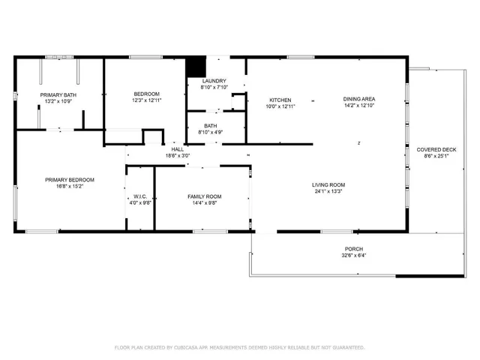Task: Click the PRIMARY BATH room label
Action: tap(58, 94)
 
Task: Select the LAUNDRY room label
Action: tap(214, 82)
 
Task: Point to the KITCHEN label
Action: tap(280, 100)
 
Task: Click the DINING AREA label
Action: tap(359, 99)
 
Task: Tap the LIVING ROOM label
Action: tap(328, 184)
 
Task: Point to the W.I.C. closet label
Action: tap(139, 196)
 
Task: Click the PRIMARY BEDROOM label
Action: tap(69, 179)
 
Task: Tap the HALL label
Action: tap(178, 149)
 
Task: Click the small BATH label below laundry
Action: tap(210, 126)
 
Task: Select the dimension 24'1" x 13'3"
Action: tap(328, 191)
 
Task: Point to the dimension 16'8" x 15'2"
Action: tap(69, 186)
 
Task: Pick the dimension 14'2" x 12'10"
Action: tap(359, 106)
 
